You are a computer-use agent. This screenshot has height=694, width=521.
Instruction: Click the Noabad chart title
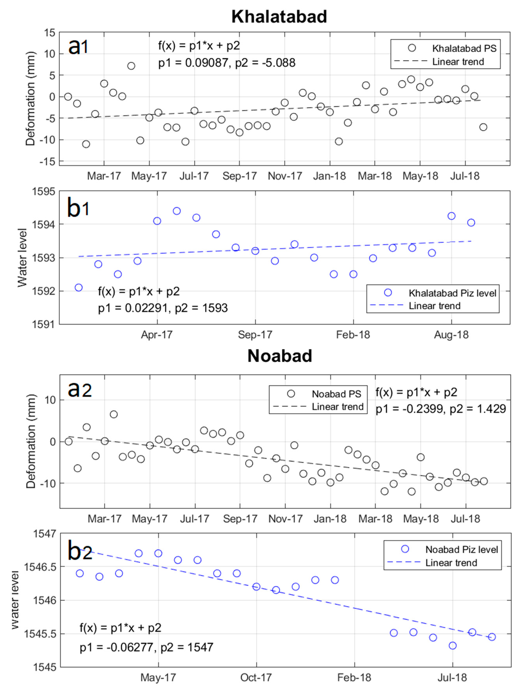[x=279, y=356]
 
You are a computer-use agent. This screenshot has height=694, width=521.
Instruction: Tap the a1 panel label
[x=78, y=47]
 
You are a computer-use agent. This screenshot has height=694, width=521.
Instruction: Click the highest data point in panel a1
[x=131, y=66]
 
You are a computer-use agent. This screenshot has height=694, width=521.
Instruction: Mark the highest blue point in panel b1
[x=177, y=211]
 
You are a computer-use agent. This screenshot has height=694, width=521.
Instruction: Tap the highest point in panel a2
[x=114, y=414]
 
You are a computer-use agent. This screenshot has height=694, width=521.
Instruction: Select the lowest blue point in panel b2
[x=452, y=645]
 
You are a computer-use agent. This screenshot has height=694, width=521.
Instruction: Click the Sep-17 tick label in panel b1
[x=255, y=335]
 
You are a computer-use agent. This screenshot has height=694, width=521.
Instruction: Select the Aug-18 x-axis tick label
[x=451, y=335]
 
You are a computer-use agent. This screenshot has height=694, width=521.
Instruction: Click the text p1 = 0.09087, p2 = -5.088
[x=227, y=63]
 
